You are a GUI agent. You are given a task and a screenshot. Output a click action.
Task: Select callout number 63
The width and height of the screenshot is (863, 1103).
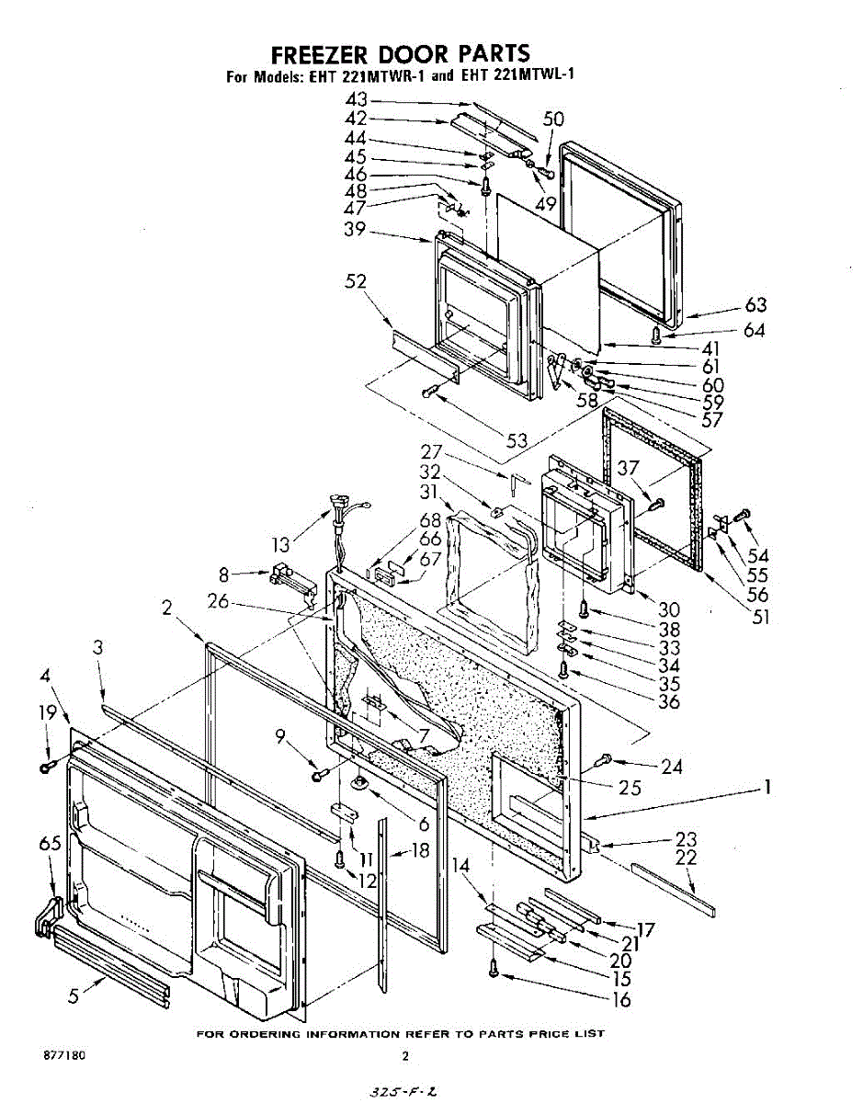tap(755, 306)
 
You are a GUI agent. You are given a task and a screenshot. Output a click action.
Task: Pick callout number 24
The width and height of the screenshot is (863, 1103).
tap(672, 765)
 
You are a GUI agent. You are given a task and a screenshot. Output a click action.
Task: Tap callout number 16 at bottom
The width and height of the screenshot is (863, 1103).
tap(621, 999)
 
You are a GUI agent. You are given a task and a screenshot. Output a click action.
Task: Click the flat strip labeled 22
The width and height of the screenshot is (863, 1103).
tap(672, 889)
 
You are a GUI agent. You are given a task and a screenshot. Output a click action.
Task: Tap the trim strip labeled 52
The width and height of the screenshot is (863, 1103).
tap(422, 351)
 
